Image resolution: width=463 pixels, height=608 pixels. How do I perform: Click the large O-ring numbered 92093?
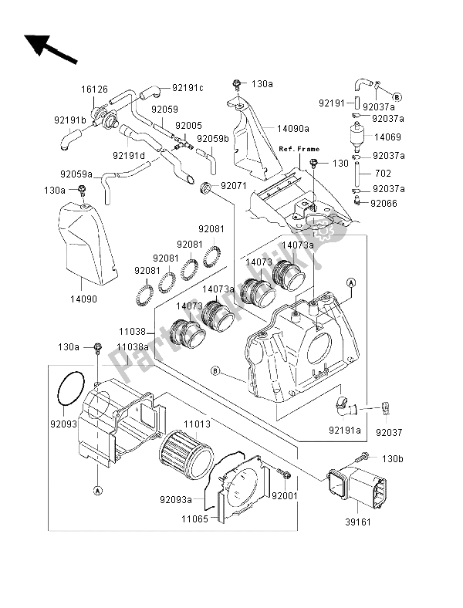point(71,386)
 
